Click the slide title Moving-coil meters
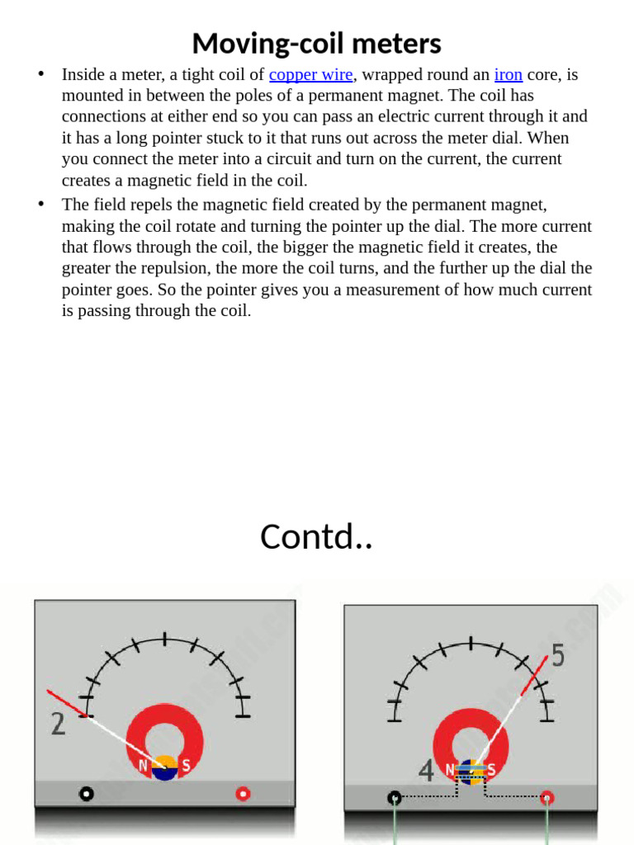pyautogui.click(x=316, y=43)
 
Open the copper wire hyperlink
pyautogui.click(x=311, y=74)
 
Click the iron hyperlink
pyautogui.click(x=508, y=74)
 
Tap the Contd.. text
pyautogui.click(x=316, y=536)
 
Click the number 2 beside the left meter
pyautogui.click(x=58, y=724)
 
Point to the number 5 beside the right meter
pyautogui.click(x=558, y=656)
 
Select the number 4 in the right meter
pyautogui.click(x=426, y=771)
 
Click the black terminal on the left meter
pyautogui.click(x=86, y=794)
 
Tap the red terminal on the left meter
pyautogui.click(x=243, y=794)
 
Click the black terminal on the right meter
pyautogui.click(x=395, y=797)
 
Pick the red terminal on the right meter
pyautogui.click(x=546, y=797)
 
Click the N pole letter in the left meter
pyautogui.click(x=144, y=766)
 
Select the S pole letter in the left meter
pyautogui.click(x=186, y=766)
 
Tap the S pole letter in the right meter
pyautogui.click(x=491, y=769)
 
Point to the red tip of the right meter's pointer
pyautogui.click(x=537, y=670)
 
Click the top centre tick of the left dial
pyautogui.click(x=165, y=639)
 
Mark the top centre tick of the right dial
pyautogui.click(x=471, y=644)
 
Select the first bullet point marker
pyautogui.click(x=40, y=74)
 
